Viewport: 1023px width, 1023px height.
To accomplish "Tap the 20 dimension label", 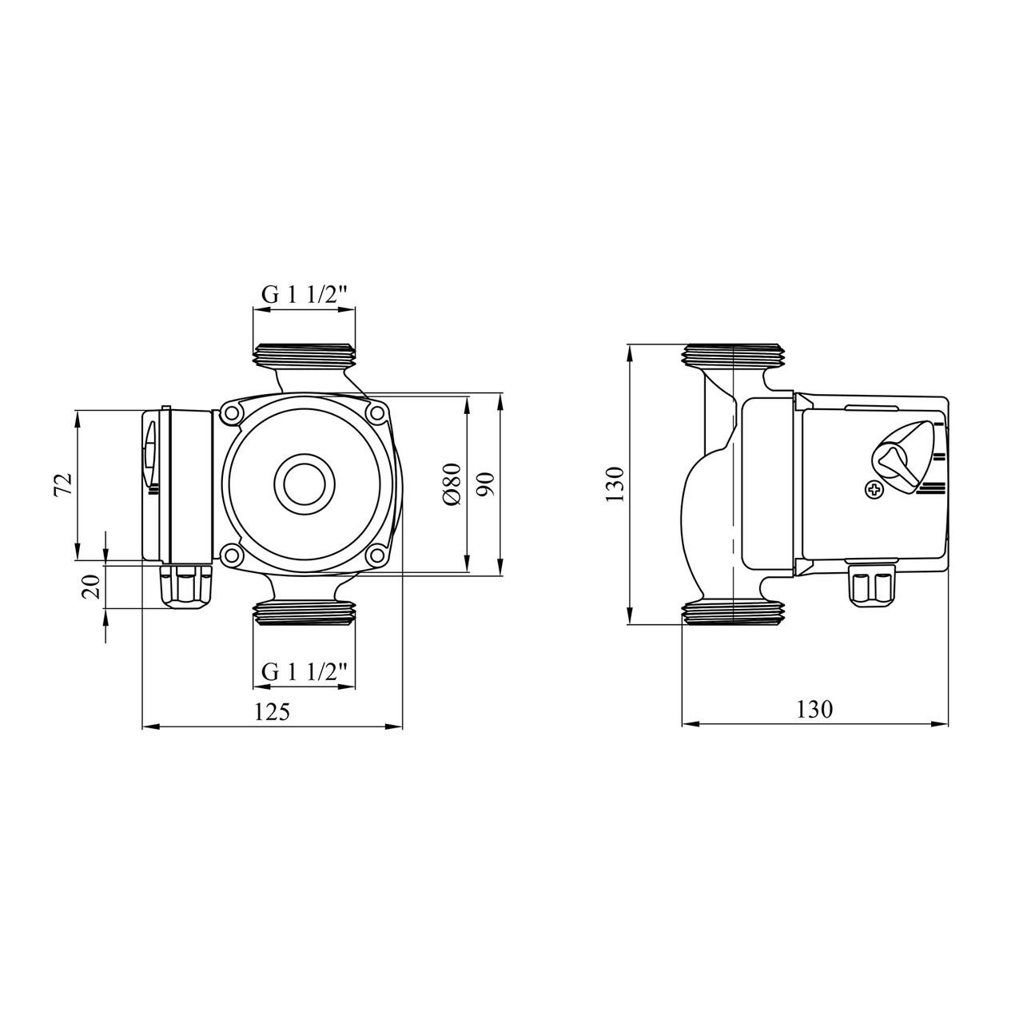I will point(90,587).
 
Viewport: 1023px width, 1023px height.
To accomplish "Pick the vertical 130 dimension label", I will point(615,484).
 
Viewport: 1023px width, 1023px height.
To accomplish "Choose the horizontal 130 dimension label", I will point(814,710).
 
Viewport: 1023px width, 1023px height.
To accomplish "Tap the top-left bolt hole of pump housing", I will point(232,413).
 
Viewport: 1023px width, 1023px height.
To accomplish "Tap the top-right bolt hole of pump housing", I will point(376,413).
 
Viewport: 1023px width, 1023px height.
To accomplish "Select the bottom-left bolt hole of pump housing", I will point(232,555).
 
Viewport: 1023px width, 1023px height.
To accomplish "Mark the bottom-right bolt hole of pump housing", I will point(376,555).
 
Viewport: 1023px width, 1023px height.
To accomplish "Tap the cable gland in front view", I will point(186,587).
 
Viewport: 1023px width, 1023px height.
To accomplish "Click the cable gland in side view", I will point(873,588).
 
